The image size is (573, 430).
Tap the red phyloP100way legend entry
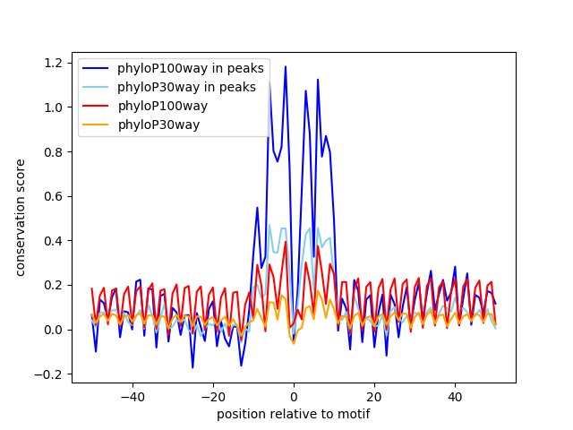click(162, 106)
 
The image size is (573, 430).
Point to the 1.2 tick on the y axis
click(56, 63)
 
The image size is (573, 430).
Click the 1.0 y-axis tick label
click(56, 107)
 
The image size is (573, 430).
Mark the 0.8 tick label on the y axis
click(56, 151)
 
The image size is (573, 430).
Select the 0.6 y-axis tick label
click(56, 196)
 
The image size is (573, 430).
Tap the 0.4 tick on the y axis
click(56, 241)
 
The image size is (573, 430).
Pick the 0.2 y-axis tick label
click(56, 285)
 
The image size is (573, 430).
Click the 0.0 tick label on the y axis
click(56, 330)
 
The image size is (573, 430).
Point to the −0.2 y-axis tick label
click(52, 374)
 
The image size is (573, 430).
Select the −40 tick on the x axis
click(132, 396)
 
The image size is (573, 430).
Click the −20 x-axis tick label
click(212, 396)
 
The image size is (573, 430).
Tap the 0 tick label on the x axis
click(294, 396)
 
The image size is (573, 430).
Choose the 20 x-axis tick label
click(374, 396)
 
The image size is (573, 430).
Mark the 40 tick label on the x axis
click(455, 396)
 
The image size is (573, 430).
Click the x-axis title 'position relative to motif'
click(293, 414)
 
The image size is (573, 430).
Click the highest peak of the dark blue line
click(286, 66)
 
